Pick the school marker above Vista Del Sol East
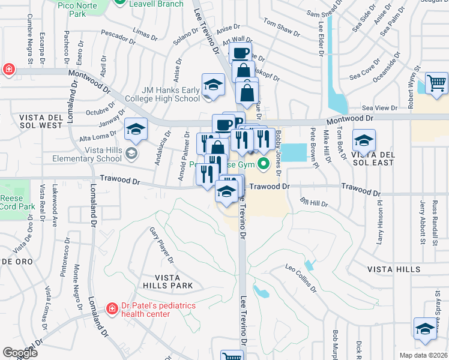tap(364, 140)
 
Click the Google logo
tap(20, 353)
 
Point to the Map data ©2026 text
tap(423, 355)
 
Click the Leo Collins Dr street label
tap(301, 278)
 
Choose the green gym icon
tap(263, 164)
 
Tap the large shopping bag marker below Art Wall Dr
tap(247, 93)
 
